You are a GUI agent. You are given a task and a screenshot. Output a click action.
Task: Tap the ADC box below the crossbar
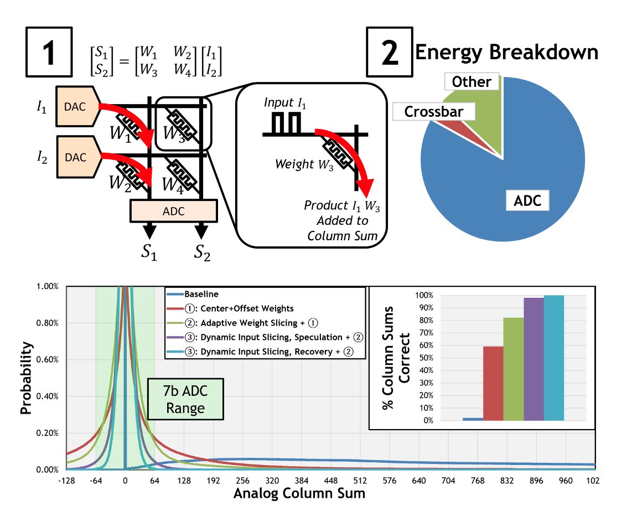[173, 210]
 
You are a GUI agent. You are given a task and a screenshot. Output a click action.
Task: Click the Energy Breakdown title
[506, 53]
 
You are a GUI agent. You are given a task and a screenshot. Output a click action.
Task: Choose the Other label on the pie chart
[472, 82]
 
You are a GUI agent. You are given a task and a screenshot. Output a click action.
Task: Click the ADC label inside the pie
[528, 199]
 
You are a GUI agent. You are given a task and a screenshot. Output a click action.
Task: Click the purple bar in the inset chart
[533, 359]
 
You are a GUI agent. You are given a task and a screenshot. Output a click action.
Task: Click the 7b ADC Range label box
[185, 399]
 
